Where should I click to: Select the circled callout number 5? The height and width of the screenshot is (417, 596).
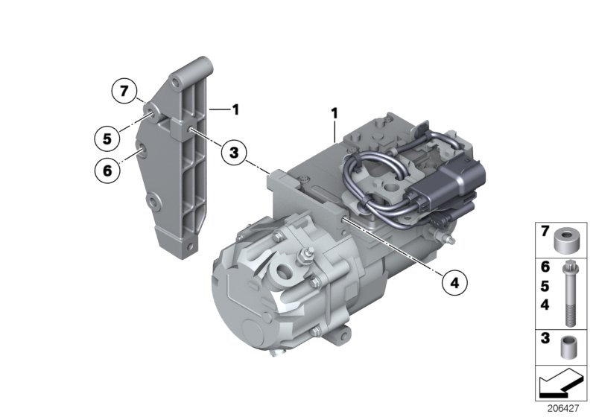click(x=108, y=138)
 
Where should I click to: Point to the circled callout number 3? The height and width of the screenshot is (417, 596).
click(x=235, y=153)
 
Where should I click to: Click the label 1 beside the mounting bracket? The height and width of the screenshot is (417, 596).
click(x=235, y=109)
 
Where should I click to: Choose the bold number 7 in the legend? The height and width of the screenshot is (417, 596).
click(x=545, y=232)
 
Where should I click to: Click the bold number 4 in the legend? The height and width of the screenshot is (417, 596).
click(x=545, y=305)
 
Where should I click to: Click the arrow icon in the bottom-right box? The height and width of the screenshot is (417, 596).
click(x=562, y=386)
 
